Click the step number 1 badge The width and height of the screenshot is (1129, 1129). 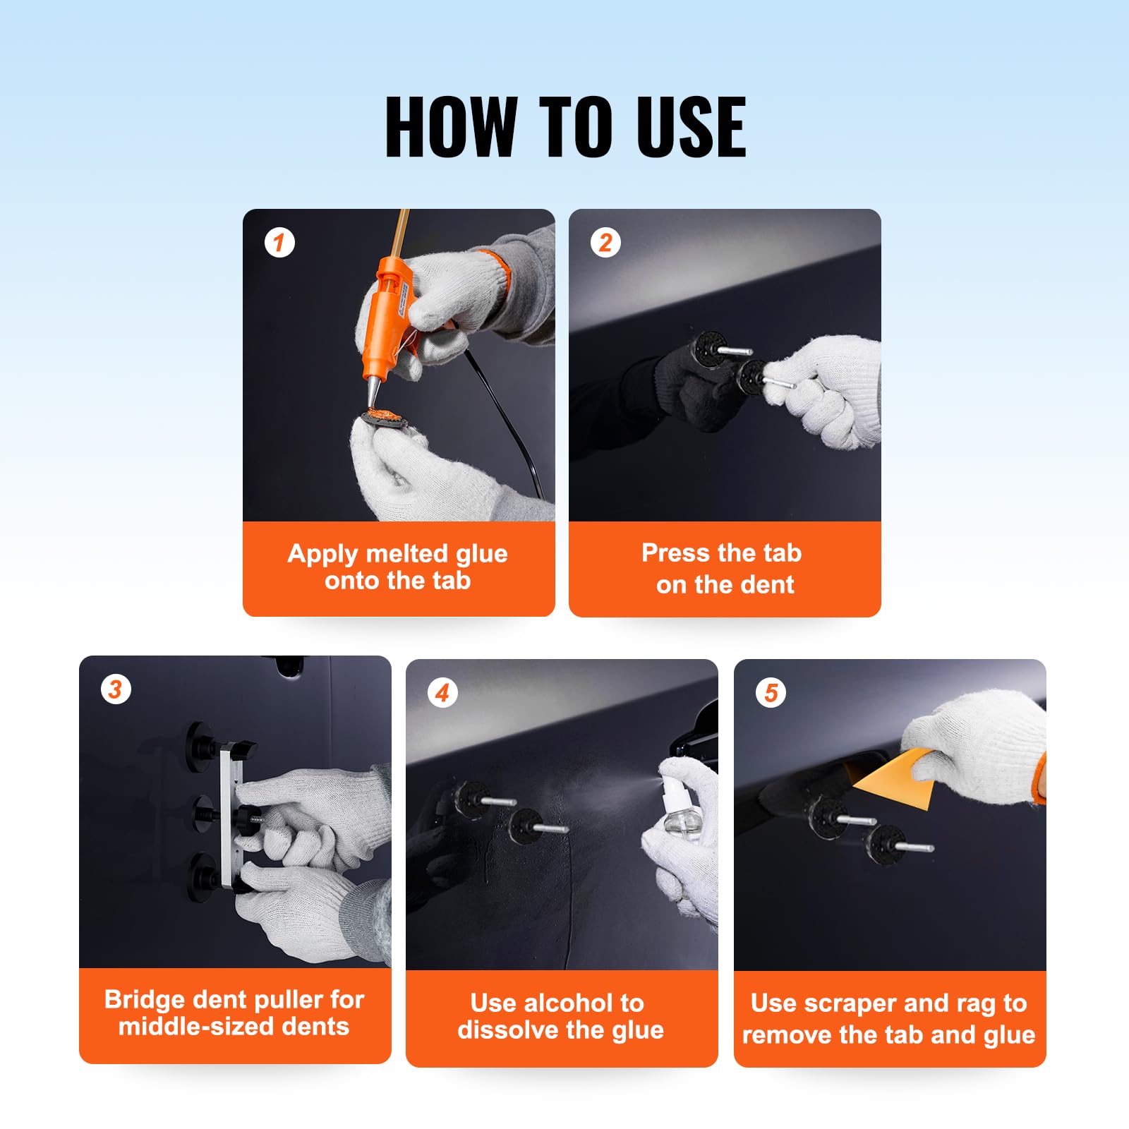coord(279,243)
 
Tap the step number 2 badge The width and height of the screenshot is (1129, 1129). coord(605,243)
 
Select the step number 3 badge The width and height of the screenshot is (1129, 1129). coord(116,689)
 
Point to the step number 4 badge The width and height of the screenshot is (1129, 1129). coord(442,693)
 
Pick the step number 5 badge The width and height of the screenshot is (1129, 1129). coord(771,693)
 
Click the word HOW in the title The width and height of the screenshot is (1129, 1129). coord(452,127)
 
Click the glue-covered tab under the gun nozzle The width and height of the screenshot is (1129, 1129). coord(385,417)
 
